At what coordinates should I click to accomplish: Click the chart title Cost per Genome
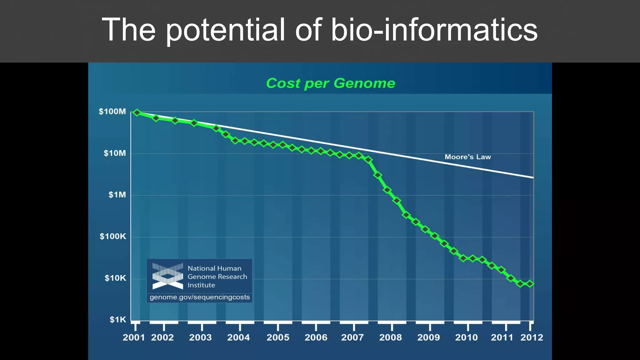point(330,83)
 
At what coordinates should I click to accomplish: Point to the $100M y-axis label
point(112,112)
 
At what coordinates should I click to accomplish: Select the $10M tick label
point(115,153)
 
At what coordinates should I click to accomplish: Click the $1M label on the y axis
point(117,195)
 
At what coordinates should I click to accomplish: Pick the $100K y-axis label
point(113,236)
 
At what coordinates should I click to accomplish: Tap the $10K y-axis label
point(115,278)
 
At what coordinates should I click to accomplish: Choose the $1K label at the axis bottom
point(117,320)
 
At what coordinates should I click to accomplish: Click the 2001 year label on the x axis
point(134,337)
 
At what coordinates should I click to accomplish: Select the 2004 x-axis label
point(238,337)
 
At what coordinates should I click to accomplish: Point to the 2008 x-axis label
point(390,337)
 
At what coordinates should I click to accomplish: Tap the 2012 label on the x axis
point(532,337)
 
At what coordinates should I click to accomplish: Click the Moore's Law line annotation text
point(467,157)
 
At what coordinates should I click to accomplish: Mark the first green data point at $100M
point(137,112)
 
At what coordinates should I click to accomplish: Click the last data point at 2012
point(530,284)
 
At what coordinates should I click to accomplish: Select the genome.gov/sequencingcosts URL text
point(200,297)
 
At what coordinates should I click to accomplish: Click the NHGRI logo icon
point(167,276)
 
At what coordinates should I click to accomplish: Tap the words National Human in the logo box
point(214,268)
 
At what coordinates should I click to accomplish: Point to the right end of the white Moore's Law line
point(532,177)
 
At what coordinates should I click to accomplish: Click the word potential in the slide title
point(225,30)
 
